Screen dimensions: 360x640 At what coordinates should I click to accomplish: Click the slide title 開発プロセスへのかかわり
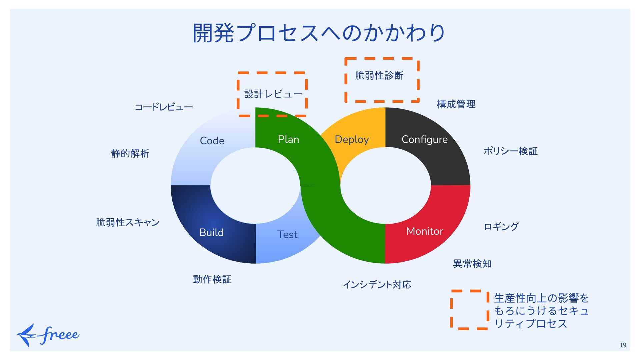319,33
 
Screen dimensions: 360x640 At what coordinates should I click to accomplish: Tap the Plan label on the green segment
288,139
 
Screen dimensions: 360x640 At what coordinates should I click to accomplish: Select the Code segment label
212,141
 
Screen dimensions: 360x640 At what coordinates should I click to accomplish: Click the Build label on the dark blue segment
211,232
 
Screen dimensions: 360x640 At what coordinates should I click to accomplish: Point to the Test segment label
287,234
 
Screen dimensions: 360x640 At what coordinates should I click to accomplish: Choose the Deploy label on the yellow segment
352,139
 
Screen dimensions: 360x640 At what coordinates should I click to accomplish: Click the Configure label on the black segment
424,139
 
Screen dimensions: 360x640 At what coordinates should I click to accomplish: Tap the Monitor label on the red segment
425,231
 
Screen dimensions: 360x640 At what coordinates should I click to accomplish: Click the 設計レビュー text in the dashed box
273,94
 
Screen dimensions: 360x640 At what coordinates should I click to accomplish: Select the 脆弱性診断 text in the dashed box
379,76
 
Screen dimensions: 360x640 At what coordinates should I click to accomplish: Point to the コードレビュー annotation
164,107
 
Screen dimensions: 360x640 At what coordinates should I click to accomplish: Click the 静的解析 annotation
130,153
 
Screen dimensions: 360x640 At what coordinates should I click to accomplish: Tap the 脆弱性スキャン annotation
128,222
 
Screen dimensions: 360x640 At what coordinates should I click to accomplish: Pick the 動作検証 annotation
212,279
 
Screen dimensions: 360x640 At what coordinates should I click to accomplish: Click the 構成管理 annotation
456,104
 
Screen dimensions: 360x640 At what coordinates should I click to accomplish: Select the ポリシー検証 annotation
510,151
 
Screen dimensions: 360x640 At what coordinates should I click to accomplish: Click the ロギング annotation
501,227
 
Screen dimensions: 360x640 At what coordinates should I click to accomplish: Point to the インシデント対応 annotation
377,284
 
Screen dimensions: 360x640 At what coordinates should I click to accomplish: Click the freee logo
48,335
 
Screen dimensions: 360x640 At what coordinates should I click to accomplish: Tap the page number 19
623,345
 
